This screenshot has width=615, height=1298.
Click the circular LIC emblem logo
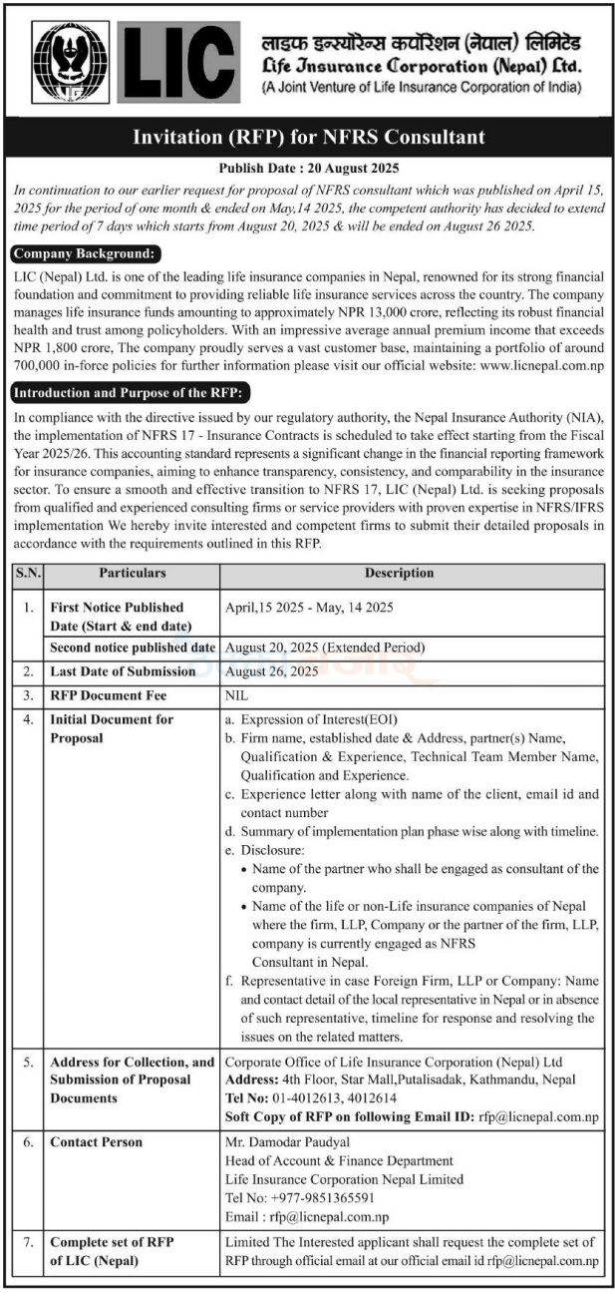pyautogui.click(x=72, y=63)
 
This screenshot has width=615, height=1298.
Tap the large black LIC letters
pyautogui.click(x=178, y=62)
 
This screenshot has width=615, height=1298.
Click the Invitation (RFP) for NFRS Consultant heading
pyautogui.click(x=308, y=138)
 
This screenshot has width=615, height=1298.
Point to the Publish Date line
pyautogui.click(x=308, y=169)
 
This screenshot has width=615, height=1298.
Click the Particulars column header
pyautogui.click(x=133, y=574)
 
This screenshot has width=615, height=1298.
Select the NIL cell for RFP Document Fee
pyautogui.click(x=237, y=696)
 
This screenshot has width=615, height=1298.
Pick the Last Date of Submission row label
pyautogui.click(x=123, y=671)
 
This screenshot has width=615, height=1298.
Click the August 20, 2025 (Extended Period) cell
pyautogui.click(x=325, y=648)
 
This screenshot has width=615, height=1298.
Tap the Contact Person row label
pyautogui.click(x=97, y=1142)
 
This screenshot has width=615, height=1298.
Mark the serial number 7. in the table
pyautogui.click(x=27, y=1242)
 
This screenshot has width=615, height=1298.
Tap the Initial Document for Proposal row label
pyautogui.click(x=112, y=728)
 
